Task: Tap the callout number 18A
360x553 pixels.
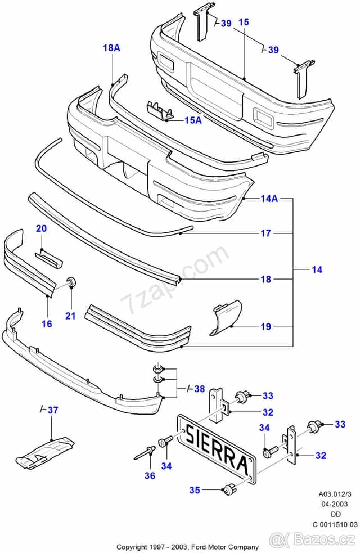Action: point(111,48)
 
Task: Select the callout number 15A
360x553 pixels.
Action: point(192,120)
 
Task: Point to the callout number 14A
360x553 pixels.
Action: point(269,199)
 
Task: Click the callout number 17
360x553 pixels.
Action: point(265,233)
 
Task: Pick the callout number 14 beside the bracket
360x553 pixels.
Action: point(317,270)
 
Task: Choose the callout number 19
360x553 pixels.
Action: point(265,326)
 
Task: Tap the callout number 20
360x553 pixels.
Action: point(42,228)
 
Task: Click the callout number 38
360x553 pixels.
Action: point(199,388)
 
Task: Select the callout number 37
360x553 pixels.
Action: point(52,410)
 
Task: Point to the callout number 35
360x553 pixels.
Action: point(194,490)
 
